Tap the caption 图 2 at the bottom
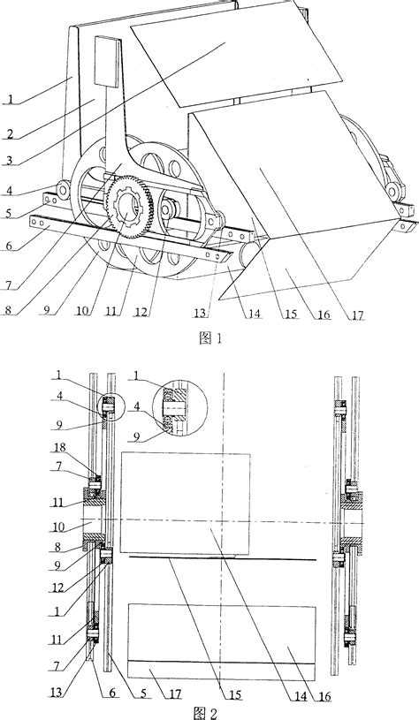tap(209, 710)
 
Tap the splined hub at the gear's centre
tap(127, 212)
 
